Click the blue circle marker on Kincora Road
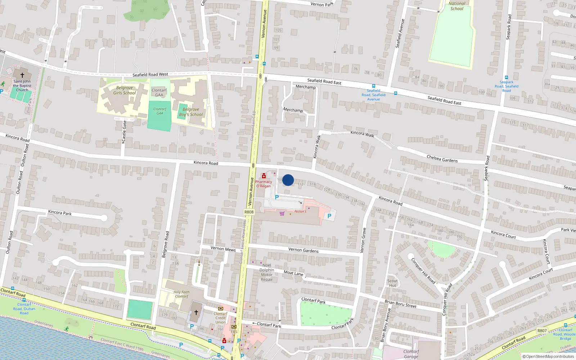coord(288,180)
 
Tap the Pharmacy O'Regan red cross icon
coord(264,176)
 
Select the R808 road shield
coord(249,212)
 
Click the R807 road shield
coord(542,330)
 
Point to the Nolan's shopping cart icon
coord(282,213)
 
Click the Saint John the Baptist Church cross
coord(22,75)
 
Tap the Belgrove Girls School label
coord(125,90)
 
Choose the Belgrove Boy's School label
coord(191,112)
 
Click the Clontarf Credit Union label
coord(220,318)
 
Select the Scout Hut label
coord(392,283)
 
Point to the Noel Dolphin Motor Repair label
coord(267,273)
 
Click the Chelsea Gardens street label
coord(442,159)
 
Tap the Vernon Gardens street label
coord(303,250)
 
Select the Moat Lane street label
coord(293,273)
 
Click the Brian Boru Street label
coord(400,304)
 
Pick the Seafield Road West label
coord(150,75)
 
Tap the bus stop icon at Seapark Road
coord(507,77)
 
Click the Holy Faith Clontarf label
coord(181,294)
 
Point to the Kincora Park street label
coord(60,213)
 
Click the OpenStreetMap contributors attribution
coord(548,357)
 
